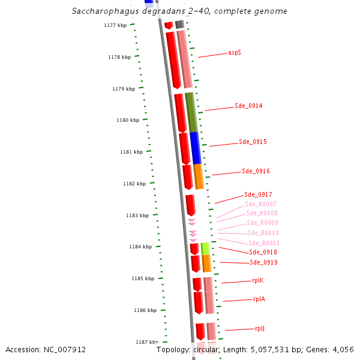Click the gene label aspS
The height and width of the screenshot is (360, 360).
point(235,53)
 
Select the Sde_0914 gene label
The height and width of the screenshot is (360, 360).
point(248,106)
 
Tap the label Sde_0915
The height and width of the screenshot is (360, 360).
point(253,142)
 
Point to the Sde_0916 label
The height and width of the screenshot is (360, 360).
point(256,172)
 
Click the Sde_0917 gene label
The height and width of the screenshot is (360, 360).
point(258,195)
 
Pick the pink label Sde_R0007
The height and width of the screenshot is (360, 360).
point(260,205)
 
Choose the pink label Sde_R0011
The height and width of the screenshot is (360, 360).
point(264,243)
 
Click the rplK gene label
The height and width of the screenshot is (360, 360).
point(259,281)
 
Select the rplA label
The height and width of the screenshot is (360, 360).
point(259,299)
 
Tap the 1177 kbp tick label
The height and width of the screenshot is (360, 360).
point(115,26)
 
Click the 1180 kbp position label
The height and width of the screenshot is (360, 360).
point(128,121)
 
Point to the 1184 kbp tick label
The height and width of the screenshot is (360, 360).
point(140,247)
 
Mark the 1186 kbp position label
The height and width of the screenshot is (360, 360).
point(145,311)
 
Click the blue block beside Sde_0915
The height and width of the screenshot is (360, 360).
point(196,148)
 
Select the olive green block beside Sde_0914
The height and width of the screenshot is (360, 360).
point(191,112)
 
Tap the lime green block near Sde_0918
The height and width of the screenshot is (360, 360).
point(205,248)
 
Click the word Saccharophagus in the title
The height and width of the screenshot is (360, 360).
point(100,11)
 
